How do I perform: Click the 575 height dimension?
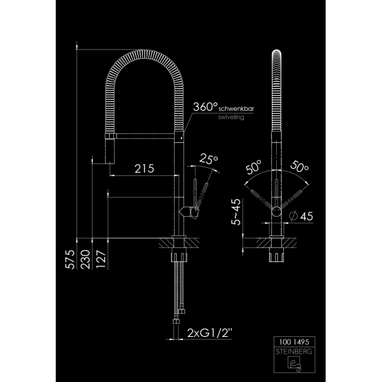coord(70,259)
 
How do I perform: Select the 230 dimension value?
coord(85,259)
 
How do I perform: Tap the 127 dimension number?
coord(101,259)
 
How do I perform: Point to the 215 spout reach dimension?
coord(144,168)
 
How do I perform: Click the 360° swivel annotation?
coord(205,106)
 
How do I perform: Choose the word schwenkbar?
coord(236,109)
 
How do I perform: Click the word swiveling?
coord(231,117)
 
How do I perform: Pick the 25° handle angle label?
coord(209,159)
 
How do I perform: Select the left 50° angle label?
coord(254,167)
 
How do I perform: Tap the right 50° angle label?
coord(299,167)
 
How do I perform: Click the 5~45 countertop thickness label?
coord(236,212)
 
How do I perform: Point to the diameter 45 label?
coord(301,216)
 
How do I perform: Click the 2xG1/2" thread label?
coord(210,333)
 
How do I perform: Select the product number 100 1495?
coord(294,342)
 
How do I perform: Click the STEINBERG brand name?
coord(294,351)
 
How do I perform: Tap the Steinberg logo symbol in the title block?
coord(294,364)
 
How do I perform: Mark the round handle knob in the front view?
coord(277,211)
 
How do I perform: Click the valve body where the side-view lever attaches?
coord(188,212)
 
